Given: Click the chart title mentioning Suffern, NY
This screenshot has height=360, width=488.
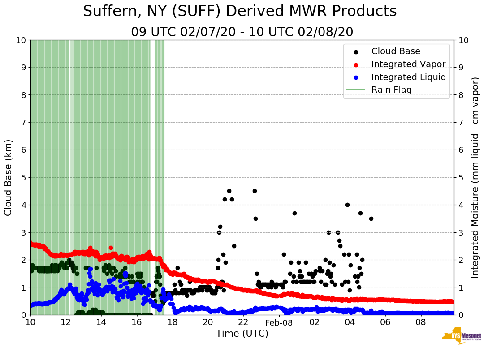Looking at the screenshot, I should click(x=240, y=11).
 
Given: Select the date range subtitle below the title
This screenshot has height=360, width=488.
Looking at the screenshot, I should click(x=242, y=32).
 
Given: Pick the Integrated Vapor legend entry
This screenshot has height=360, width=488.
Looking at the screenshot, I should click(x=408, y=64).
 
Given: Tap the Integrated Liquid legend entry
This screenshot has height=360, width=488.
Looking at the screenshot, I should click(x=408, y=77).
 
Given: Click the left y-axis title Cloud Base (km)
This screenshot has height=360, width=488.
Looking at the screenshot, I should click(x=9, y=177).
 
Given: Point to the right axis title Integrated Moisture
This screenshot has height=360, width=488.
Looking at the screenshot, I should click(x=475, y=177).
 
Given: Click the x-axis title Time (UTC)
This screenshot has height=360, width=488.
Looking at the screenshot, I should click(x=242, y=334).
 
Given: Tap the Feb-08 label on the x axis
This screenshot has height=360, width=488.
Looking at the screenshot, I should click(x=279, y=322).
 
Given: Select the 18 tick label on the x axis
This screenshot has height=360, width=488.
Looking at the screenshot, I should click(x=173, y=322).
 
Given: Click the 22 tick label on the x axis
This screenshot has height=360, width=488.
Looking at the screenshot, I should click(x=243, y=322).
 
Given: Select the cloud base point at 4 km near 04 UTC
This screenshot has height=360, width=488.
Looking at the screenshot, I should click(x=347, y=205).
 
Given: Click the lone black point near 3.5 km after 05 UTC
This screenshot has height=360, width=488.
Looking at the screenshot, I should click(x=371, y=219).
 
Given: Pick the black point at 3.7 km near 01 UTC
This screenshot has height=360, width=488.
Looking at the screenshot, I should click(x=294, y=213).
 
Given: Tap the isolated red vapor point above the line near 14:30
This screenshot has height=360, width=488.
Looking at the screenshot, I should click(x=111, y=248).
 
